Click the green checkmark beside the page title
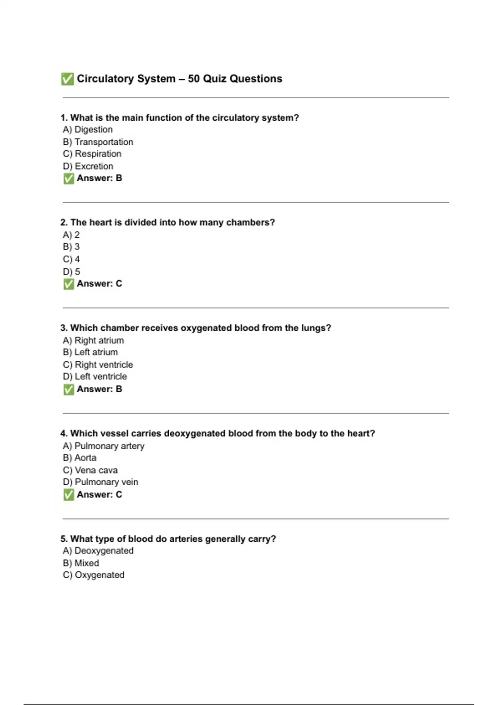pos(67,79)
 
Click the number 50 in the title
pos(193,79)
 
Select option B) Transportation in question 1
pos(98,142)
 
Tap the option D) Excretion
pos(88,166)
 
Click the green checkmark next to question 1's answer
pos(68,178)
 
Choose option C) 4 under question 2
pos(71,259)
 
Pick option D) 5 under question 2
pos(71,272)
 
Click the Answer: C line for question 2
pos(99,284)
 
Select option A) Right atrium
pos(93,340)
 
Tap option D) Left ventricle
pos(95,377)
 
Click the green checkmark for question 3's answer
pos(68,389)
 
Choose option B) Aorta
pos(80,458)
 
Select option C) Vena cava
pos(90,470)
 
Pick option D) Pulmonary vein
pos(100,482)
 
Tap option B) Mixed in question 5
pos(81,563)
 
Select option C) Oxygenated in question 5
pos(94,575)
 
